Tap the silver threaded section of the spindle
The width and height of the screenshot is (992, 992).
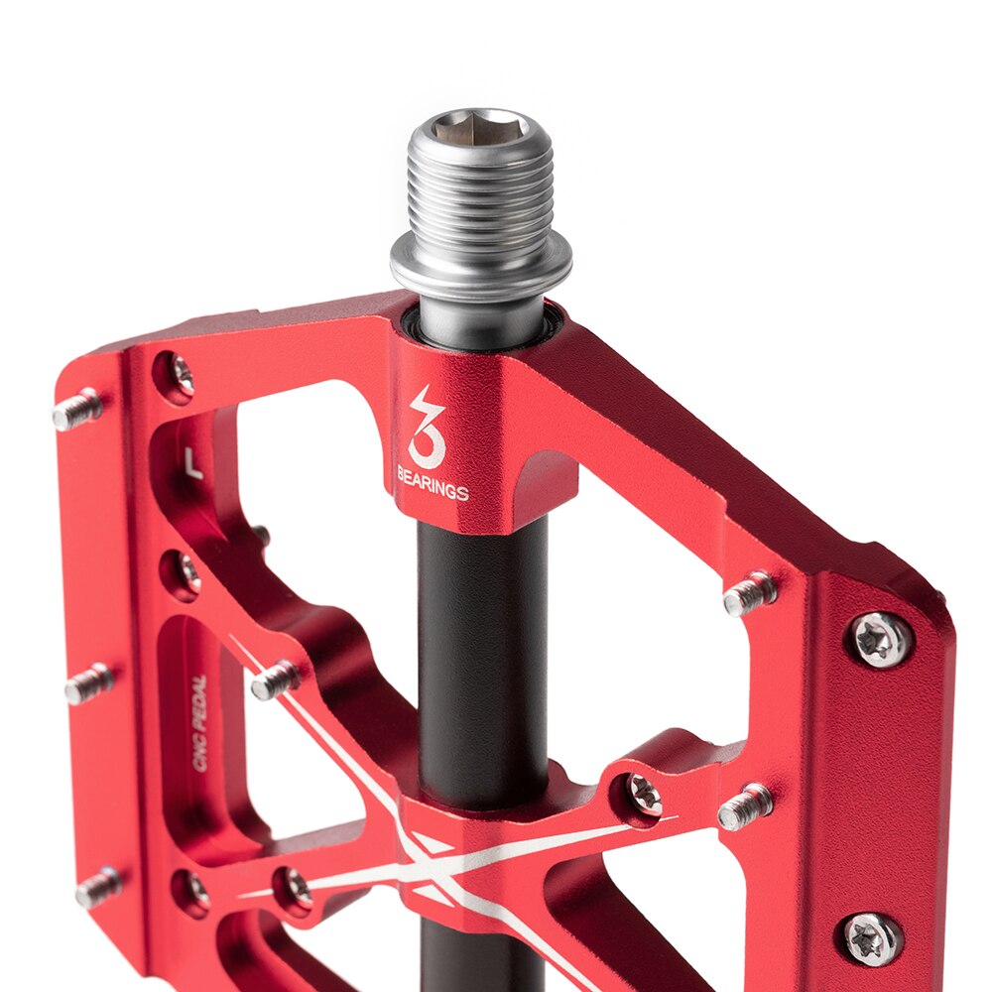tap(480, 198)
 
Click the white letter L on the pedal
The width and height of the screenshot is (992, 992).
tap(194, 463)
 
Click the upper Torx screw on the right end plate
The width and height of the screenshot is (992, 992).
tap(879, 640)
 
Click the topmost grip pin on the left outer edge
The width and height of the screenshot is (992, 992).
tap(78, 409)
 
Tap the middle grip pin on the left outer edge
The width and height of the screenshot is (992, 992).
tap(90, 683)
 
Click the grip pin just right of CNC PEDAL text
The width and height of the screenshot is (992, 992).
tap(275, 680)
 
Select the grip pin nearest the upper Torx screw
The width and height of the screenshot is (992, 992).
tap(750, 593)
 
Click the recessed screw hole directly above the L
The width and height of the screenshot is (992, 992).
tap(177, 375)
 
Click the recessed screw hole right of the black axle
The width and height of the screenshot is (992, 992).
tap(641, 795)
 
